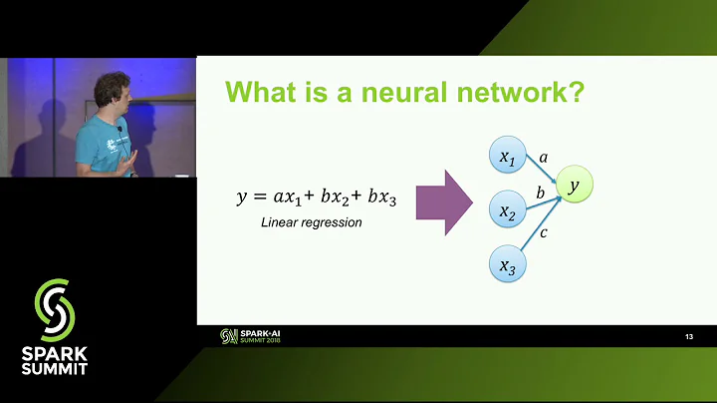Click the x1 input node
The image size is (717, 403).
tap(508, 158)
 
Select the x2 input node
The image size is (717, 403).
tap(508, 211)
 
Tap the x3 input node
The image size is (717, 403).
tap(508, 265)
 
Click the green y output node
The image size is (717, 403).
tap(573, 185)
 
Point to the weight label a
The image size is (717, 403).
tap(543, 158)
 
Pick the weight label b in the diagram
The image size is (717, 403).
tap(539, 190)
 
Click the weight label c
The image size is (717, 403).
tap(544, 233)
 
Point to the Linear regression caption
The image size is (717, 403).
tap(311, 222)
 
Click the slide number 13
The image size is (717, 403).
tap(688, 337)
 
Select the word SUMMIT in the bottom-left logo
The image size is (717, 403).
tap(54, 368)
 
